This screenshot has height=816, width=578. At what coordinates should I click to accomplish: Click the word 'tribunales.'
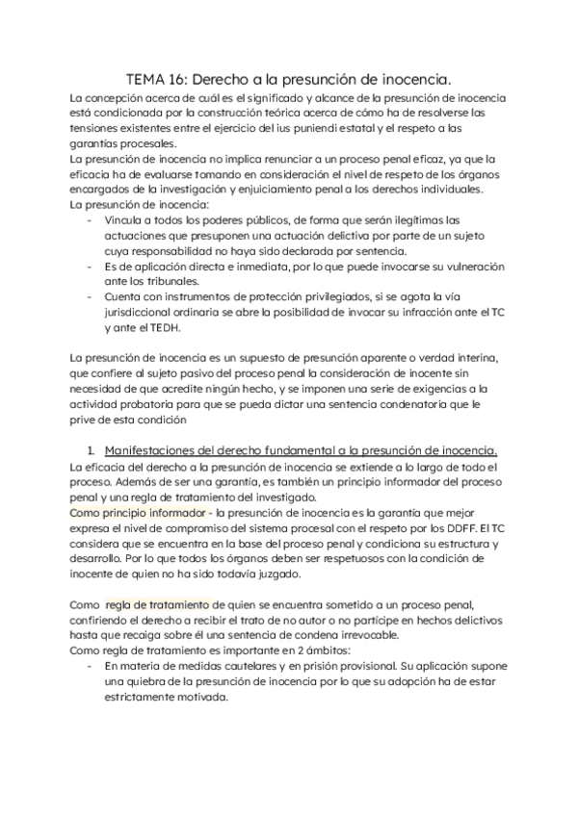point(148,281)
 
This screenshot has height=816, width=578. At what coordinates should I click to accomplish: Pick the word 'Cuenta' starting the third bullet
point(125,296)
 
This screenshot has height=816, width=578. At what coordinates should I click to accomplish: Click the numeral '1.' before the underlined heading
point(92,450)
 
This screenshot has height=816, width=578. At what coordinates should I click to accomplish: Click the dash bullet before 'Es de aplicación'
point(91,266)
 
